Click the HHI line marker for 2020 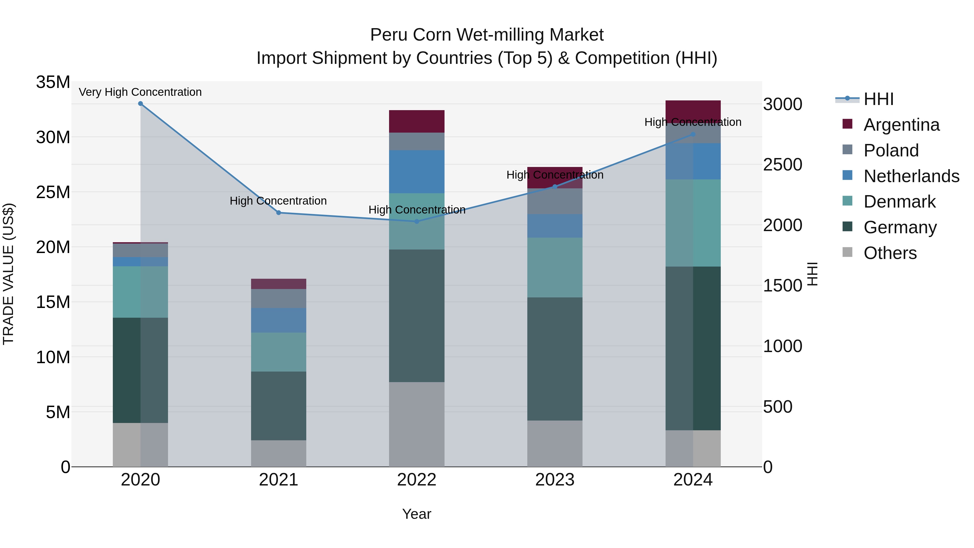tap(140, 104)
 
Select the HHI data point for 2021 tap(279, 212)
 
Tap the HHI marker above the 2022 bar tap(417, 222)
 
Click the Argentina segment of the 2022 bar tap(417, 122)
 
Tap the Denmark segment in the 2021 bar tap(279, 352)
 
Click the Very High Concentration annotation tap(140, 92)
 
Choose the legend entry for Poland tap(891, 150)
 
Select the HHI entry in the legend tap(878, 99)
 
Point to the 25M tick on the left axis tap(53, 192)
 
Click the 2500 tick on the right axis tap(782, 165)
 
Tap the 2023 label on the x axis tap(555, 480)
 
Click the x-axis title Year tap(417, 514)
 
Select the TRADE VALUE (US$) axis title tap(9, 274)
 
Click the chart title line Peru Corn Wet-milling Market tap(487, 35)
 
